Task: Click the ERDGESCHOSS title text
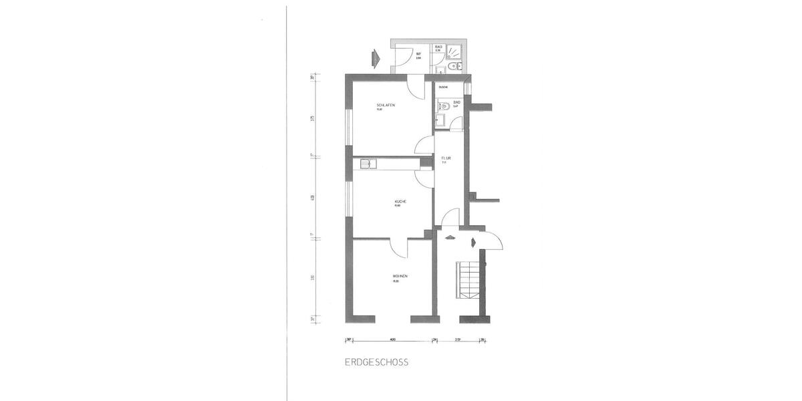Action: pyautogui.click(x=376, y=363)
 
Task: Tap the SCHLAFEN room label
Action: pyautogui.click(x=384, y=106)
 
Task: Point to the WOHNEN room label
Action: pyautogui.click(x=401, y=275)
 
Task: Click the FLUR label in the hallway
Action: pyautogui.click(x=446, y=158)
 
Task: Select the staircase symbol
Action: pyautogui.click(x=469, y=279)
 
